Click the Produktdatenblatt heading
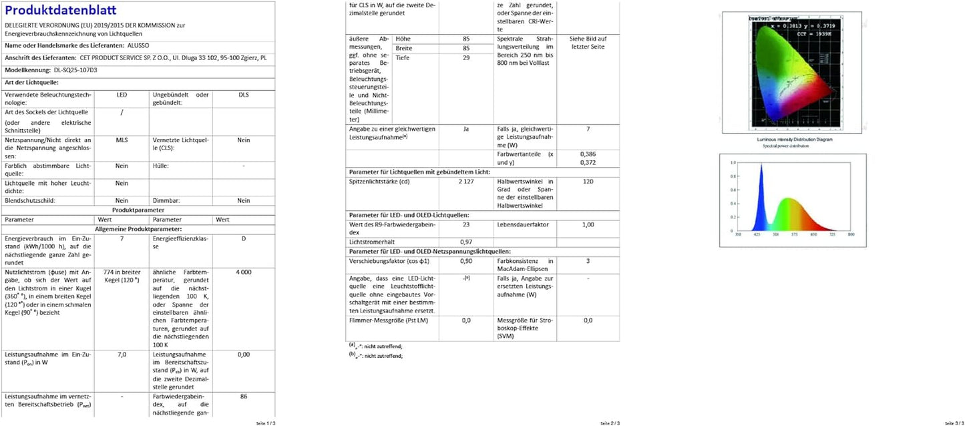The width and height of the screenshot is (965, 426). tap(61, 10)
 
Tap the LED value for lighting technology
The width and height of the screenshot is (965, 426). tap(122, 95)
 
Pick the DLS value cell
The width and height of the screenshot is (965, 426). tap(243, 95)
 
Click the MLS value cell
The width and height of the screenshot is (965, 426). tap(122, 140)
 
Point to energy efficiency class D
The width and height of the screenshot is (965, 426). tap(243, 238)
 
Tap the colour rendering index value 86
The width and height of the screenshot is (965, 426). tap(243, 396)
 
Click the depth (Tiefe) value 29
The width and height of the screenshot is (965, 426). tap(466, 57)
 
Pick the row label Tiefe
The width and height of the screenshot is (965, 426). tap(403, 57)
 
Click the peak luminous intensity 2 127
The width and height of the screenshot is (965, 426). tap(466, 182)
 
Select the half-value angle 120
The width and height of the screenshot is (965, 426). tap(588, 182)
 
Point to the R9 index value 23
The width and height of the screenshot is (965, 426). tap(466, 224)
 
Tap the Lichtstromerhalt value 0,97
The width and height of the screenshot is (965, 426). tap(466, 241)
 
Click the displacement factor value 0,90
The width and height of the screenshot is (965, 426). tap(466, 261)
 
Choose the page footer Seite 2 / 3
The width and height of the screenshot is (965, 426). tap(610, 423)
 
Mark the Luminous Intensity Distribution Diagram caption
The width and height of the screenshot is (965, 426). tap(794, 140)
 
